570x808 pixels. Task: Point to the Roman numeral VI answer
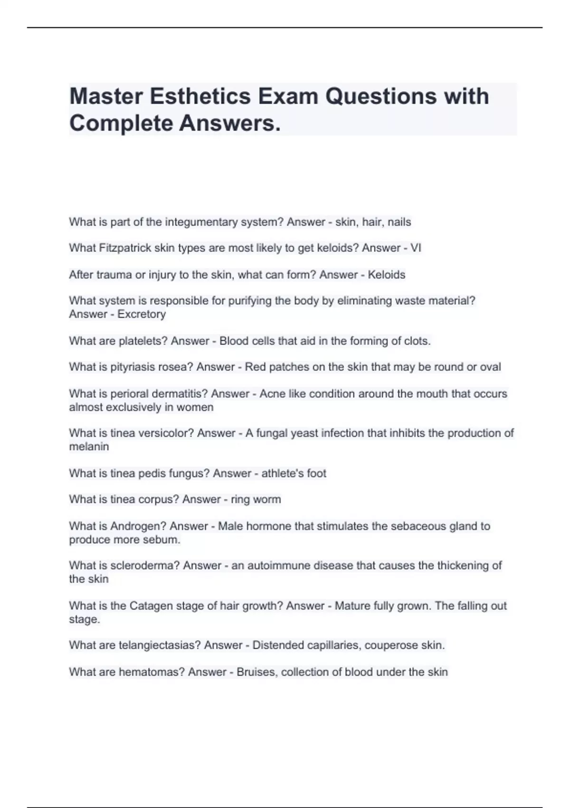416,248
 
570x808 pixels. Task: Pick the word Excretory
142,314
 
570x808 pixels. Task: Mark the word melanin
89,447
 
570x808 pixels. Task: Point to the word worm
268,500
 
